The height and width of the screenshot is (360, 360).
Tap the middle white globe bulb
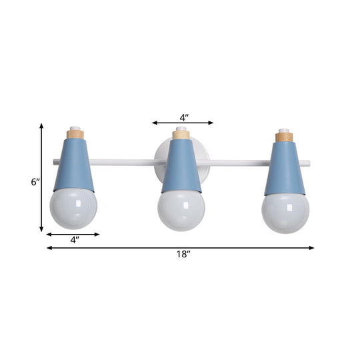181,211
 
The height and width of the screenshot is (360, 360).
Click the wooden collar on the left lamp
75,134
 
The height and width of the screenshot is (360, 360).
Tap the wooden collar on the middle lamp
181,135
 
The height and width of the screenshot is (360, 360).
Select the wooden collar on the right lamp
285,137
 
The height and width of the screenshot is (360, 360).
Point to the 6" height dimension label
35,181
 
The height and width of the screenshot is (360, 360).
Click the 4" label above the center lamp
183,117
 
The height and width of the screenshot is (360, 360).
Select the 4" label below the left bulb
73,241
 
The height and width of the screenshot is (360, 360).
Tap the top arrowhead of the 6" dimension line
42,126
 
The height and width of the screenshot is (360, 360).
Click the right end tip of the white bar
309,162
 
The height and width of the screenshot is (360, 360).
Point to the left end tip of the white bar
53,161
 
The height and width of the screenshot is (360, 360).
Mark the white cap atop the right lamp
285,129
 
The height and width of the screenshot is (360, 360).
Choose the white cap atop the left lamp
75,127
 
